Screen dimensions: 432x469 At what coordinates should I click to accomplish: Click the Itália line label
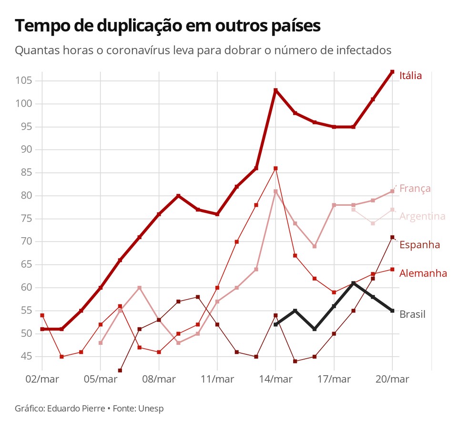click(410, 75)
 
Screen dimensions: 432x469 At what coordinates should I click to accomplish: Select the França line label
click(415, 188)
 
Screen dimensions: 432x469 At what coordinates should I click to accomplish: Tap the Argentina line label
click(422, 216)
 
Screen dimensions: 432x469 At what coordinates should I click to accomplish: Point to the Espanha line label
click(419, 245)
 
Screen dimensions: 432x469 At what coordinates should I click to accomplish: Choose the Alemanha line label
click(423, 273)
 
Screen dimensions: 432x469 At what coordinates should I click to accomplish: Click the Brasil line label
click(412, 314)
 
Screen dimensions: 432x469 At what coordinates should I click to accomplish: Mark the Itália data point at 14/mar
click(275, 90)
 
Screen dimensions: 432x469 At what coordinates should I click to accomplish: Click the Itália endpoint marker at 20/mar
click(392, 72)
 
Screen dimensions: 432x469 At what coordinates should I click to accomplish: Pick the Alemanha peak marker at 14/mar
click(275, 168)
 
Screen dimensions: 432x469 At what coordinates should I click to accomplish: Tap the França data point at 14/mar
click(275, 191)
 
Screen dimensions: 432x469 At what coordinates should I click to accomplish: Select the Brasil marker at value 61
click(353, 283)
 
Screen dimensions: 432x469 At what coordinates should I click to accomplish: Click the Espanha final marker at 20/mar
click(392, 237)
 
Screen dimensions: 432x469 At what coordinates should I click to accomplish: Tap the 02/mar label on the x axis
click(42, 380)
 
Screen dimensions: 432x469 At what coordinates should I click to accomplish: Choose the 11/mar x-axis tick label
click(217, 380)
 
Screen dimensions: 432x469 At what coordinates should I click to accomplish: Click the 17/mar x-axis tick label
click(334, 380)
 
